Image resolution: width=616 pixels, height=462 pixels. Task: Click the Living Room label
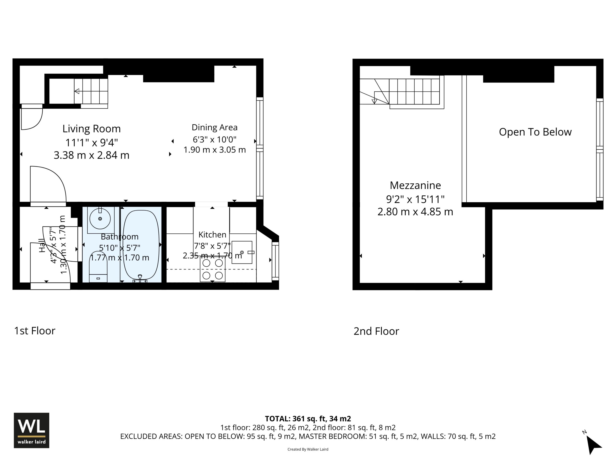coord(92,129)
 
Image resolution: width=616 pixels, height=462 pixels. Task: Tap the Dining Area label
coord(214,128)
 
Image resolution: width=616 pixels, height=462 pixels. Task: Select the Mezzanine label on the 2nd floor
coord(415,185)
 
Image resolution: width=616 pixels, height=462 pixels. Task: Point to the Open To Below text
coord(535,132)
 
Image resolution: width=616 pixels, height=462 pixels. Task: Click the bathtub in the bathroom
coord(141,244)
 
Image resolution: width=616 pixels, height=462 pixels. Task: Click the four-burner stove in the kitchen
coord(212,269)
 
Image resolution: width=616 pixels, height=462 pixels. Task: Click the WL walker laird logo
coord(32,430)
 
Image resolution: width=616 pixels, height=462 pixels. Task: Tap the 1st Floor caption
coord(35,331)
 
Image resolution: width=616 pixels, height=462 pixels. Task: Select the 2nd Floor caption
coord(376,331)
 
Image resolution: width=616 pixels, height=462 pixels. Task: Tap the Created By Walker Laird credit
coord(308,449)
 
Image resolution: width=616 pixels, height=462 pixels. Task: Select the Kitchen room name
coord(212,235)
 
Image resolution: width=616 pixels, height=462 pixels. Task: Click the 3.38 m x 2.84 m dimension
coord(92,155)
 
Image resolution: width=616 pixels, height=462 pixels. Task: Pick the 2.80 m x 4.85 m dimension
coord(415,212)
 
